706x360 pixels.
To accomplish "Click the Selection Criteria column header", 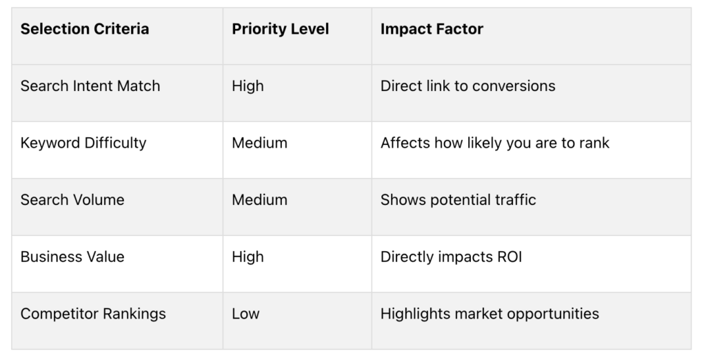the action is coord(85,29).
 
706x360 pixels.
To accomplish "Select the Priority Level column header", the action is coord(280,29).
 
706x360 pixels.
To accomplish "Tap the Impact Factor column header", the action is coord(432,29).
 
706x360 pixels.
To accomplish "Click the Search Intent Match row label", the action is coord(90,86).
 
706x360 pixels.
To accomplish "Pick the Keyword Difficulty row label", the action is coord(83,143).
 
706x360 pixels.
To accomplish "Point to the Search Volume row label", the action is coord(72,199).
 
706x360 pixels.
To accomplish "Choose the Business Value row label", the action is coord(72,257).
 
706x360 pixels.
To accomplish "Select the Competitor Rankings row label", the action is coord(93,314).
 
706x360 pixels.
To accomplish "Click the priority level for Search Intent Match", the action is coord(248,86).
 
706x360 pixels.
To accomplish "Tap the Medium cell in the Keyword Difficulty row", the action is coord(259,143).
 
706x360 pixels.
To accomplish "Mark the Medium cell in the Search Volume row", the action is coord(259,199).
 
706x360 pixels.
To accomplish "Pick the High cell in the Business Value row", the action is coord(248,257).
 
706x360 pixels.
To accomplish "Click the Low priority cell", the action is coord(245,314).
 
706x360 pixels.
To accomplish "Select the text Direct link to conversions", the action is coord(468,86).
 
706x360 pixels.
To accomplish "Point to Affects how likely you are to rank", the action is coord(495,143).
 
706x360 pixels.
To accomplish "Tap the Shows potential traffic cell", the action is coord(458,199).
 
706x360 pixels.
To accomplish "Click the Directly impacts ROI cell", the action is coord(451,257).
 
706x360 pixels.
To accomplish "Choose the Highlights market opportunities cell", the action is coord(490,314).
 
